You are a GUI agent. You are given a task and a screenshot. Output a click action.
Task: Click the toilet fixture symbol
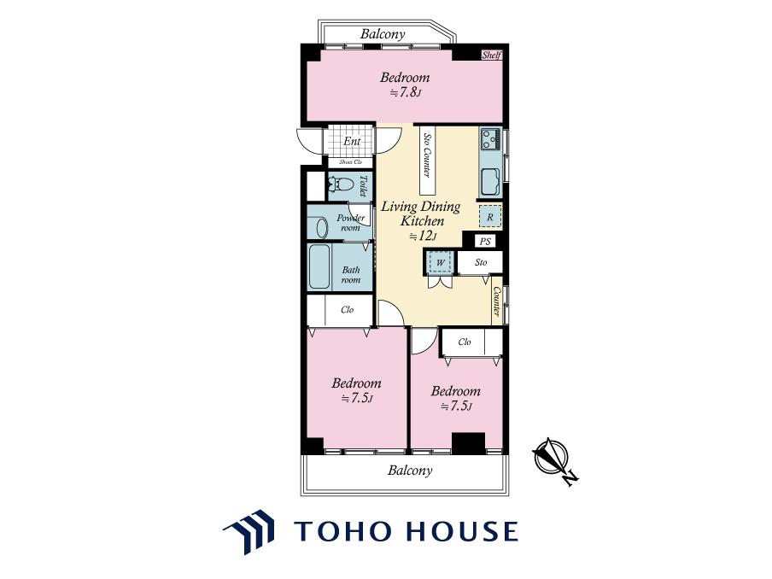coord(341,184)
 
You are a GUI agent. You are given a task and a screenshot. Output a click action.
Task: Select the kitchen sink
coord(490,182)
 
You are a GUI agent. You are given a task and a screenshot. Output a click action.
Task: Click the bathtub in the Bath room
coord(319,266)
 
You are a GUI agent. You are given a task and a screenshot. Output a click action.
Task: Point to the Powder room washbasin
coord(321,228)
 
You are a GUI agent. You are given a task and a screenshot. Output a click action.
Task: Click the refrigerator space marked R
coord(490,217)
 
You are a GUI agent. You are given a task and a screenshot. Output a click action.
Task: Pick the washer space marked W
coord(440,262)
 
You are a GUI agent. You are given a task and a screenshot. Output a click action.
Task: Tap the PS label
coord(485,241)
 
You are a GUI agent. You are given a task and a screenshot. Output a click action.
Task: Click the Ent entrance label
coord(352,141)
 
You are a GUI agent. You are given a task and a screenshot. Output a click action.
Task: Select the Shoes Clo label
coord(350,162)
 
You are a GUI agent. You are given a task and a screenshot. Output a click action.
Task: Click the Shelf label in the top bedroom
coord(491,56)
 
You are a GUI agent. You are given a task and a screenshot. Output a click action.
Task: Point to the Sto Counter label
coord(427,155)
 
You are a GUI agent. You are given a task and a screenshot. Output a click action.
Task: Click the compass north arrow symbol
coord(554,460)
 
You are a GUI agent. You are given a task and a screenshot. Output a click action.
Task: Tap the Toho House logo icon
coord(249,532)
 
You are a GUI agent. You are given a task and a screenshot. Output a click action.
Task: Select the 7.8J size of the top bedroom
coord(406,92)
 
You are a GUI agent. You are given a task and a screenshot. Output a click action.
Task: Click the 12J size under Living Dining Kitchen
coord(423,237)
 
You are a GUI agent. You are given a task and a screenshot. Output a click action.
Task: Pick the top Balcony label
coord(383,34)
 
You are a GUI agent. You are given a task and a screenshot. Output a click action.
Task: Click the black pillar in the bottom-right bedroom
coord(468,443)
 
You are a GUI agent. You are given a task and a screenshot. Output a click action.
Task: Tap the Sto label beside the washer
coord(481,262)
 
